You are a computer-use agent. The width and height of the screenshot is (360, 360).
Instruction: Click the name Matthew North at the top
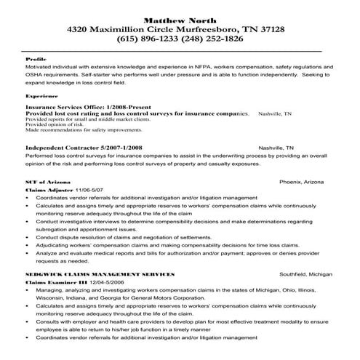click(x=180, y=17)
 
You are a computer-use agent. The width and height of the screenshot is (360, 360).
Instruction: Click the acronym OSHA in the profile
click(x=36, y=74)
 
